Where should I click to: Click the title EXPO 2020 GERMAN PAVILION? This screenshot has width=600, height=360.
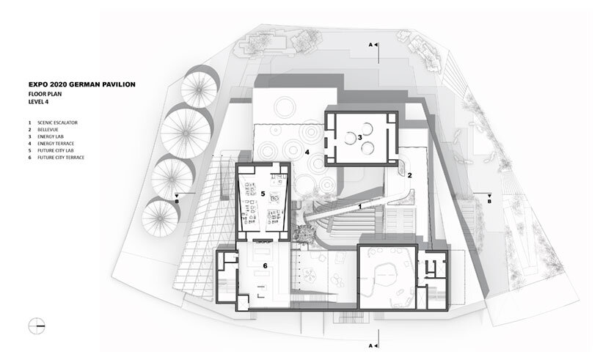click(x=82, y=84)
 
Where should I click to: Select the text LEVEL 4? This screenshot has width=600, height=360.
click(x=38, y=102)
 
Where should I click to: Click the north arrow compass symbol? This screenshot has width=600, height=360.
click(x=37, y=326)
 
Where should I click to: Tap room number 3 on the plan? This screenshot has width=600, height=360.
click(x=359, y=137)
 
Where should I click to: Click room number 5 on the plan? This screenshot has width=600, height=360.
click(x=263, y=194)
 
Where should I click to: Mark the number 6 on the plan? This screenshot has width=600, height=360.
click(x=265, y=265)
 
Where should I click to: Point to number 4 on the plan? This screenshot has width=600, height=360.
click(x=307, y=153)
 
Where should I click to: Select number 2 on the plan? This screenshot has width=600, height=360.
click(x=409, y=175)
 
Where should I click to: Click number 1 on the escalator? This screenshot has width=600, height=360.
click(x=359, y=207)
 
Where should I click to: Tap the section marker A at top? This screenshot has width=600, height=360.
click(x=373, y=45)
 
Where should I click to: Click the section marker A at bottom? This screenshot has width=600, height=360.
click(x=373, y=346)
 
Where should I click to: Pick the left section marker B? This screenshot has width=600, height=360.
click(x=176, y=198)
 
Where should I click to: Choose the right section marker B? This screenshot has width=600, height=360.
click(x=489, y=198)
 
